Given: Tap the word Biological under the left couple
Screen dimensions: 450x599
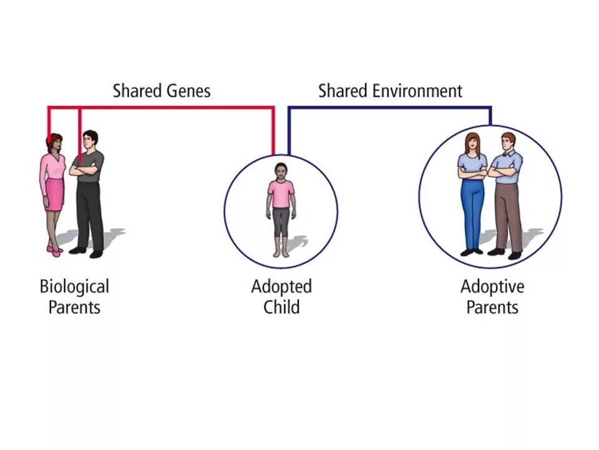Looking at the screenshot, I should click(74, 287).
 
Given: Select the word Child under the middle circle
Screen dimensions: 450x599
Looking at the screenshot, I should click(281, 307).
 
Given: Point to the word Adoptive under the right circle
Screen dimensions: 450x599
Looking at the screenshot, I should click(492, 287).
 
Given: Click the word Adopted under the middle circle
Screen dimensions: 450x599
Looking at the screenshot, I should click(281, 287).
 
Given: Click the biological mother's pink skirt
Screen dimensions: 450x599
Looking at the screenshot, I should click(54, 194).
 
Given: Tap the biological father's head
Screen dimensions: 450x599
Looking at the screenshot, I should click(90, 139).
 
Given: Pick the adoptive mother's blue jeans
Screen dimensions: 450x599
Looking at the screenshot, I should click(472, 212).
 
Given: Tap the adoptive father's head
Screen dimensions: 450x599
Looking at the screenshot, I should click(509, 141).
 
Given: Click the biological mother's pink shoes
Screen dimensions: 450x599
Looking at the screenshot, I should click(55, 251).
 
